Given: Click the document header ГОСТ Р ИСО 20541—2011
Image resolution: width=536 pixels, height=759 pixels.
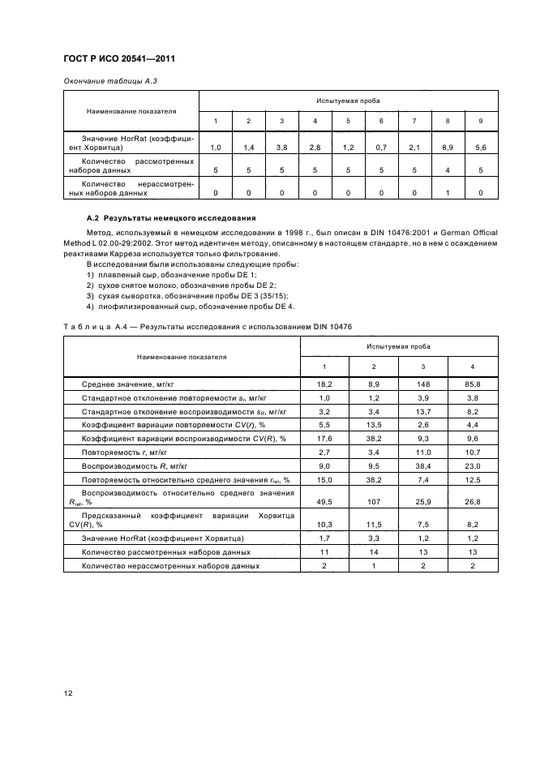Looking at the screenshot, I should (119, 59).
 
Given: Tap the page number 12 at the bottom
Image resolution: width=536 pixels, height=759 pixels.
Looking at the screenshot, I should (68, 692).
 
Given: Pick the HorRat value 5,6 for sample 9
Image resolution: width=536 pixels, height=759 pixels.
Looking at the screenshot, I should (480, 148).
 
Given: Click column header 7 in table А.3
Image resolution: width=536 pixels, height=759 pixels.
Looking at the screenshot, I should (414, 121).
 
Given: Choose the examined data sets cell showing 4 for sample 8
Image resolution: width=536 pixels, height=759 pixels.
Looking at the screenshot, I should (447, 170).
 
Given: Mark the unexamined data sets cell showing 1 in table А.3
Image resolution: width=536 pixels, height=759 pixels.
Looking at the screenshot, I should (447, 193).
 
